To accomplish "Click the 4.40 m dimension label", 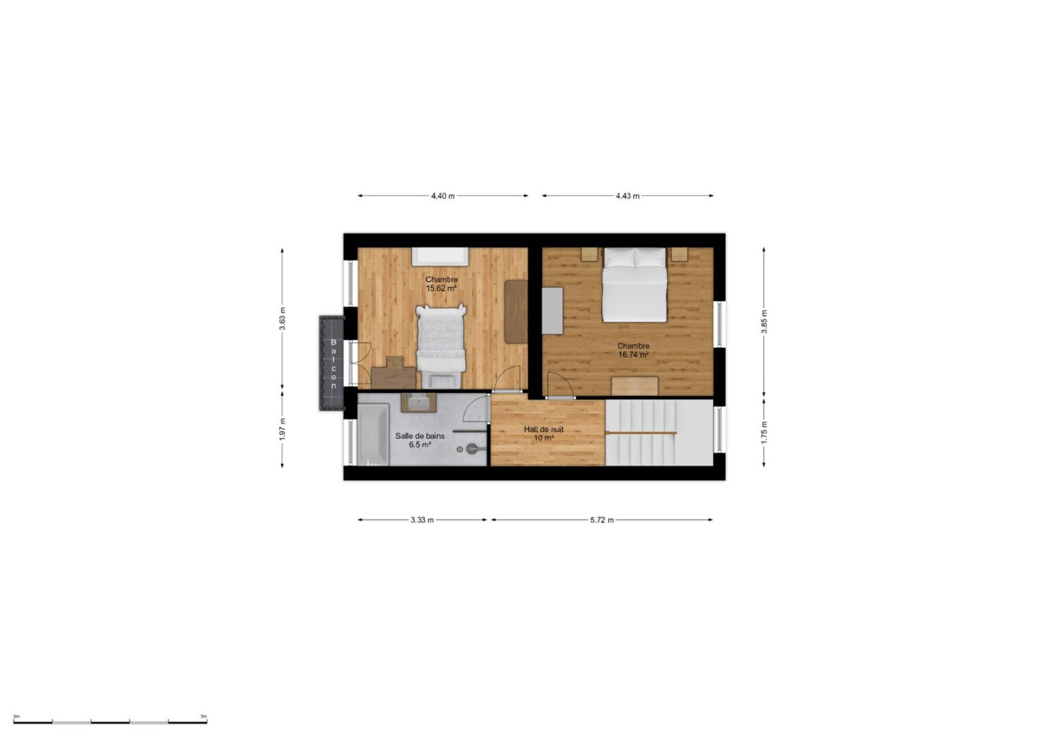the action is [443, 196].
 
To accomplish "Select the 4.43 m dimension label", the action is [627, 196].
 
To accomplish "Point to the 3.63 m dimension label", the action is [282, 319].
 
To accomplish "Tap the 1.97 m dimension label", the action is [282, 429].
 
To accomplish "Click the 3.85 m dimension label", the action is [764, 322].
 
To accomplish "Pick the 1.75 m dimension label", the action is [764, 432].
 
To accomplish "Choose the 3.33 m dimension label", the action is [422, 520].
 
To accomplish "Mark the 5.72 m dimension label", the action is [602, 520].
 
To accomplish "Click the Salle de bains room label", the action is [419, 436].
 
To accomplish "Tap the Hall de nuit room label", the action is [543, 430].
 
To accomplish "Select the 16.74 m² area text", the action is [634, 355].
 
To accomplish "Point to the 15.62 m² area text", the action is [441, 289].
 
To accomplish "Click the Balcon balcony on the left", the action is [332, 364].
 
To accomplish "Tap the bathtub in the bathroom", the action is [373, 434].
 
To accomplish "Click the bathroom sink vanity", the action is [418, 402].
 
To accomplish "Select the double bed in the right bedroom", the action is [634, 285].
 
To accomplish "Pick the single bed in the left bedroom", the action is [441, 345].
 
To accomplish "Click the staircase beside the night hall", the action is [659, 432].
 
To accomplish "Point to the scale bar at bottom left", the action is [110, 722].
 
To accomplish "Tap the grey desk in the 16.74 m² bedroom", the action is [552, 311].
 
